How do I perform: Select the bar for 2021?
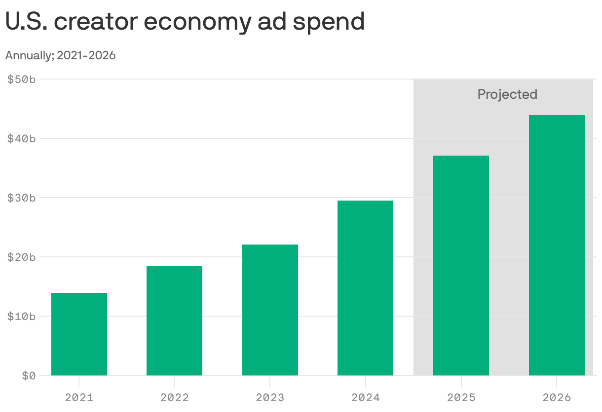pyautogui.click(x=79, y=334)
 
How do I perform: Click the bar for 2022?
pyautogui.click(x=174, y=321)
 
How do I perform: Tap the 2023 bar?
pyautogui.click(x=270, y=310)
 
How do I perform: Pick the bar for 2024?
pyautogui.click(x=365, y=288)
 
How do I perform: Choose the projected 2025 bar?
pyautogui.click(x=461, y=265)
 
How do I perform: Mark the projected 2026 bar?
pyautogui.click(x=557, y=245)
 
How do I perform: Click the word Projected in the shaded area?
pyautogui.click(x=507, y=94)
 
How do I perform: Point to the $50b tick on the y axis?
pyautogui.click(x=21, y=79)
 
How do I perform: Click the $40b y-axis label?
pyautogui.click(x=21, y=138)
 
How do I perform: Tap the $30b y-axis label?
pyautogui.click(x=21, y=198)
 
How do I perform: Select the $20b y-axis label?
pyautogui.click(x=21, y=257)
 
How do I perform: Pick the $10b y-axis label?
pyautogui.click(x=21, y=316)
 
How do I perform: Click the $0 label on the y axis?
pyautogui.click(x=29, y=375)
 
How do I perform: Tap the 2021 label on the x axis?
pyautogui.click(x=79, y=397)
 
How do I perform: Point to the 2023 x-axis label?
pyautogui.click(x=270, y=397)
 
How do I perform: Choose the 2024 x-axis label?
pyautogui.click(x=365, y=397)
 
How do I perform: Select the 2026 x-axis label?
pyautogui.click(x=557, y=397)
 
